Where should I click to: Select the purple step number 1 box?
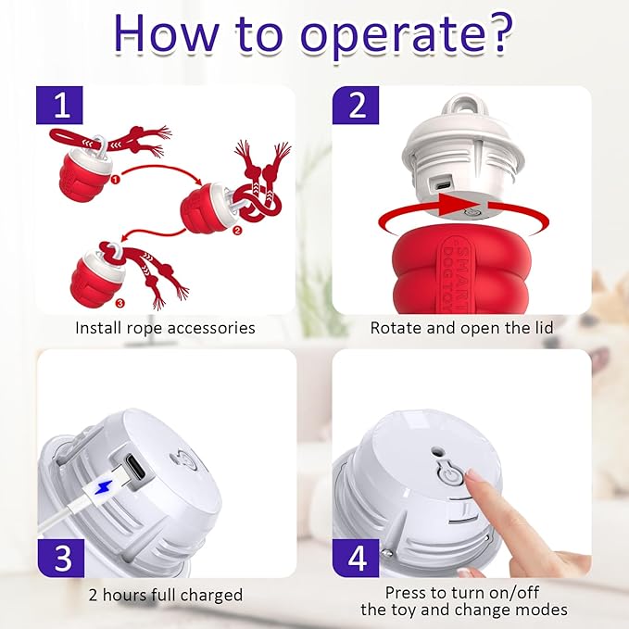coord(59,105)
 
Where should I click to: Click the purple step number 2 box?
coord(356,105)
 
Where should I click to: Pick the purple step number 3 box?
coord(61,558)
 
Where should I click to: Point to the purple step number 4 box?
coord(356,558)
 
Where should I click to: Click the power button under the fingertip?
coord(449,476)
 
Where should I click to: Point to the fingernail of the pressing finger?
coord(472,477)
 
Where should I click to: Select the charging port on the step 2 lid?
coord(443,185)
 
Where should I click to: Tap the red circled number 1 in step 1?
coord(115,180)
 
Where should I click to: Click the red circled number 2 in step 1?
coord(237,231)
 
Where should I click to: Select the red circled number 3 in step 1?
coord(120,303)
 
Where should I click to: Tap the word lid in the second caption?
coord(543,327)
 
